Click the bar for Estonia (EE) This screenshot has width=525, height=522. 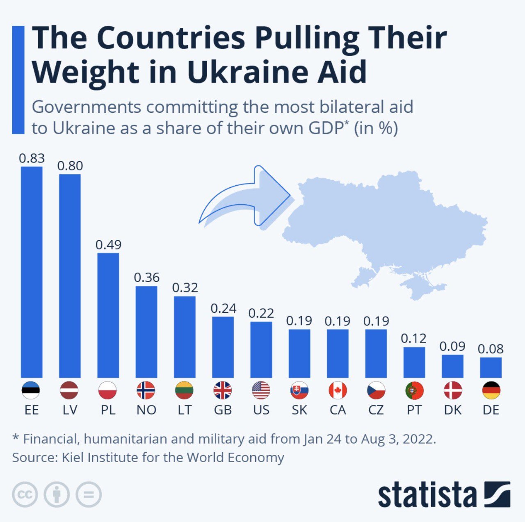click(x=32, y=271)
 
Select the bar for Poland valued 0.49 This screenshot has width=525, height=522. click(x=108, y=315)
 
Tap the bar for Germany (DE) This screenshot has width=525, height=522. click(x=491, y=367)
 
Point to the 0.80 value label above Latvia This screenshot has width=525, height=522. click(x=70, y=166)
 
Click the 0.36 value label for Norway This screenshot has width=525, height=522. click(x=146, y=278)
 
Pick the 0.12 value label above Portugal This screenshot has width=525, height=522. click(x=413, y=338)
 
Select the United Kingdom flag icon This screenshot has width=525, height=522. click(x=223, y=390)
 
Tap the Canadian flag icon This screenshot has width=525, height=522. click(x=338, y=390)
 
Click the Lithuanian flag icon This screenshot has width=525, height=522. click(x=184, y=390)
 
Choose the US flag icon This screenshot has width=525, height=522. click(x=261, y=390)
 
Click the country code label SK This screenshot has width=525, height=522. click(x=299, y=410)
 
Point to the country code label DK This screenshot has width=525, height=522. click(x=452, y=410)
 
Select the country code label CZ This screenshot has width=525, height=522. click(x=376, y=410)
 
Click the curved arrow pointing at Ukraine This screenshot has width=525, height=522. click(x=246, y=197)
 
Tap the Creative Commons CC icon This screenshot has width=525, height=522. click(x=25, y=495)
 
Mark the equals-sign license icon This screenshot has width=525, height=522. click(x=89, y=495)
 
